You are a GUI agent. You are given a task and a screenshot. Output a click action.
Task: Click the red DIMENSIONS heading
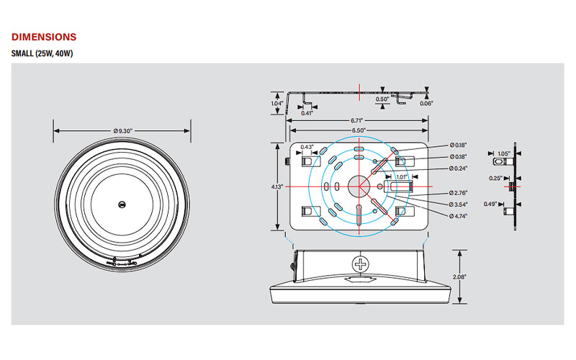tap(44, 37)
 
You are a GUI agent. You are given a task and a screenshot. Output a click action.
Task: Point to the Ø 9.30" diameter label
tap(123, 130)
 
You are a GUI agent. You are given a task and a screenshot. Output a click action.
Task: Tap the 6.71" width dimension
tap(358, 120)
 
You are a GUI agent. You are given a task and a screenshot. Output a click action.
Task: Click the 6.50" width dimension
tap(358, 130)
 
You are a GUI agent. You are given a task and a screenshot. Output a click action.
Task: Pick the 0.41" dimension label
tap(307, 113)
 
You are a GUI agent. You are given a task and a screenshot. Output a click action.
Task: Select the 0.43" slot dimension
tap(307, 148)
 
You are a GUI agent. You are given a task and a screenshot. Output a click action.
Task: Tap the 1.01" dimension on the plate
tap(401, 176)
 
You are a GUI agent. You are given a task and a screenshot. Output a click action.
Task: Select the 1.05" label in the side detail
tap(503, 153)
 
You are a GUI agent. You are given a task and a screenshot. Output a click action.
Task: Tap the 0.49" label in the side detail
tap(490, 203)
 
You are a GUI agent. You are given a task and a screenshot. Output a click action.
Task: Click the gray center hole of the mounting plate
tap(358, 186)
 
